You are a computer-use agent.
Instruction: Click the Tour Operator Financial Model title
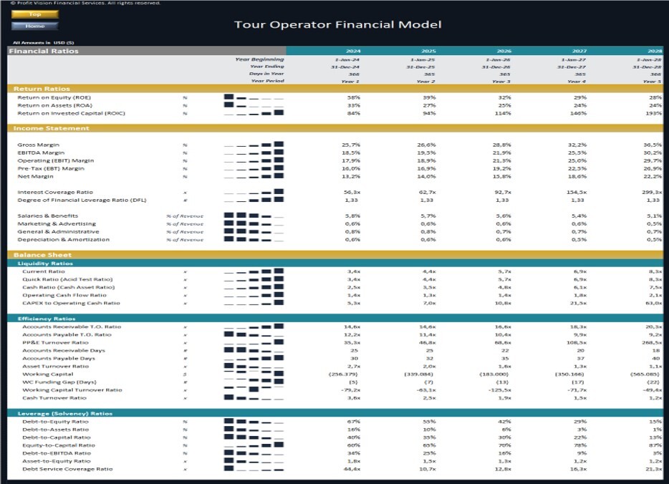[337, 25]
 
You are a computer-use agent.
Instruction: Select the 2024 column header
[353, 51]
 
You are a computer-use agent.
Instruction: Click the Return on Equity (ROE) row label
[54, 97]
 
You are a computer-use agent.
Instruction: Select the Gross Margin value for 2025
[428, 145]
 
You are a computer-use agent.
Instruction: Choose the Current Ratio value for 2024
[353, 271]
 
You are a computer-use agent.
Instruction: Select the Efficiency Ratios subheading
[47, 319]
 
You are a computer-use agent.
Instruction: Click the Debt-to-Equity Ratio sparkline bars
[254, 422]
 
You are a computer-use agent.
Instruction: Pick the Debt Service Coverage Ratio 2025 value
[428, 469]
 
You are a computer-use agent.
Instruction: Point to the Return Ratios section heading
[41, 89]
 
